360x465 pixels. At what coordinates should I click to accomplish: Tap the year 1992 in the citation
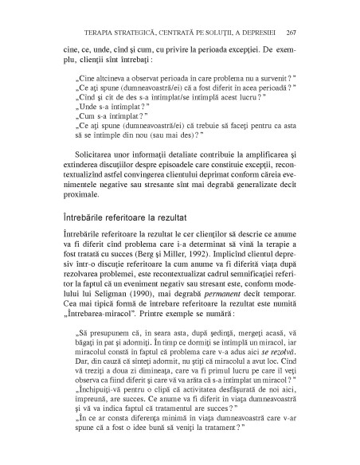coord(185,248)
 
